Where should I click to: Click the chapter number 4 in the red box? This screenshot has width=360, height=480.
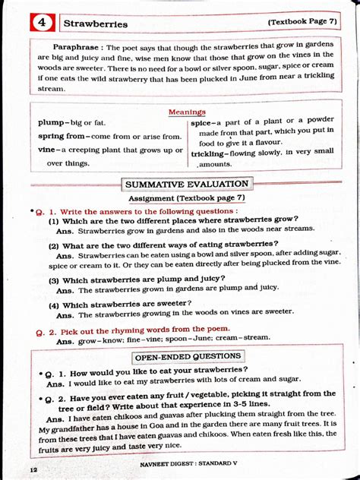pos(43,23)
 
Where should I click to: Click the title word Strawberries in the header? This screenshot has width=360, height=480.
pos(95,24)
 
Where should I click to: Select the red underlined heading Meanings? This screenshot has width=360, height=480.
pos(187,112)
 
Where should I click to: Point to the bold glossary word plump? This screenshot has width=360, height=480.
pos(52,122)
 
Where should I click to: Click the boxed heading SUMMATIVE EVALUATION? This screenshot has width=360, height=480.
pos(186,184)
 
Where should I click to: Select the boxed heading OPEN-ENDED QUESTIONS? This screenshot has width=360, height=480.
pos(188,356)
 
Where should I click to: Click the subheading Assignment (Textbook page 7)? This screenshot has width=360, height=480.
pos(187,197)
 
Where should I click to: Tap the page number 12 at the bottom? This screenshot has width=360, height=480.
pos(34,471)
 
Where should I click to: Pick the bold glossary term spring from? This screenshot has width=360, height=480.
pos(62,136)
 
